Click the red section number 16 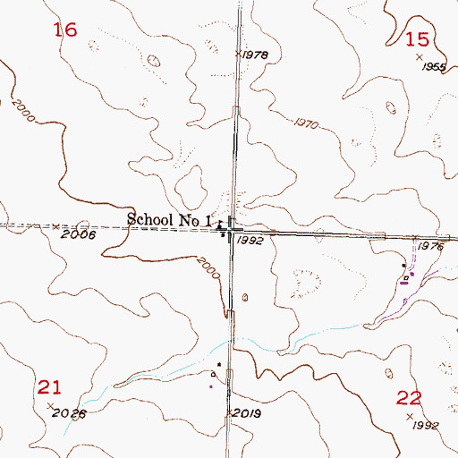click(x=65, y=30)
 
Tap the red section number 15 click(x=417, y=38)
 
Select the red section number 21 click(x=49, y=386)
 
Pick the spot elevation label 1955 click(x=435, y=67)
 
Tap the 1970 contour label click(x=305, y=124)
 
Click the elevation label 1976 click(x=431, y=246)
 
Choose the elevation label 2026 click(x=71, y=413)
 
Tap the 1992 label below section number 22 click(x=427, y=425)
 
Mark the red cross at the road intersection click(x=231, y=231)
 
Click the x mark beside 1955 click(x=420, y=57)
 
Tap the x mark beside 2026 click(x=49, y=406)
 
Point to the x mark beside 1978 click(x=239, y=54)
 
